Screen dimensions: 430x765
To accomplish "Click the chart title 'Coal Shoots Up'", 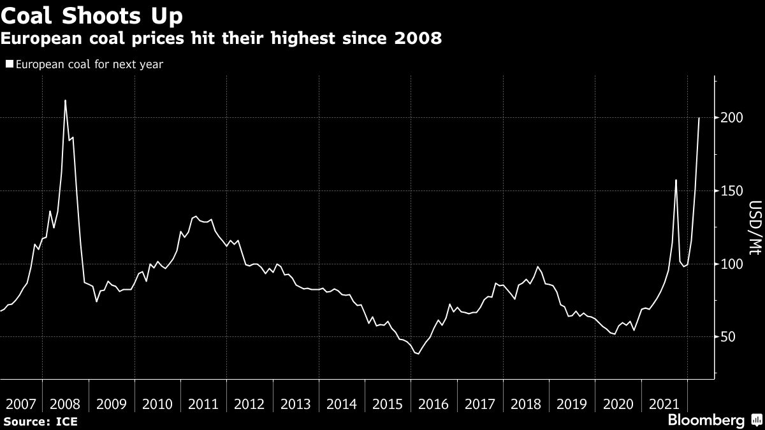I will click(x=91, y=15).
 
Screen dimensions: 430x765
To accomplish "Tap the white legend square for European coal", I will click(x=9, y=64).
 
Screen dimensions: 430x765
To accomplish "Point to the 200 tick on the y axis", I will click(x=731, y=118).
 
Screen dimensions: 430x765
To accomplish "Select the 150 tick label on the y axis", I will click(x=731, y=191).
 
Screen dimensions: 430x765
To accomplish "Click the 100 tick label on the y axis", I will click(x=731, y=264).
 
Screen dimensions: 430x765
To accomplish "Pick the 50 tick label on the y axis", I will click(x=729, y=337).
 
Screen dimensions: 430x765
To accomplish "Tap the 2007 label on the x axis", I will click(x=19, y=404).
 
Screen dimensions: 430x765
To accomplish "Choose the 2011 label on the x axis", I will click(x=203, y=404).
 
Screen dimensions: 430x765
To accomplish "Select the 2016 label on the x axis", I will click(x=433, y=404).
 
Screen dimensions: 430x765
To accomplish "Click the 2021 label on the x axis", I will click(x=664, y=404).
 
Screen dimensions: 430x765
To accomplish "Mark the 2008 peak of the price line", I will click(x=65, y=100).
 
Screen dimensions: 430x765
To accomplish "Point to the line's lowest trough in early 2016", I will click(x=418, y=354).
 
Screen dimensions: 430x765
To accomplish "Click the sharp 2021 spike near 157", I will click(x=676, y=180).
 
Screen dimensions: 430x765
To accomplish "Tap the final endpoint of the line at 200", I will click(x=699, y=118).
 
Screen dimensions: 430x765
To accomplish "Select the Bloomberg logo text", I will click(x=706, y=420).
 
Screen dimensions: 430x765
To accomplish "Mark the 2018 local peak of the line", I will click(x=538, y=267).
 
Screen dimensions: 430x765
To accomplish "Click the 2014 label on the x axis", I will click(x=342, y=404).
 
